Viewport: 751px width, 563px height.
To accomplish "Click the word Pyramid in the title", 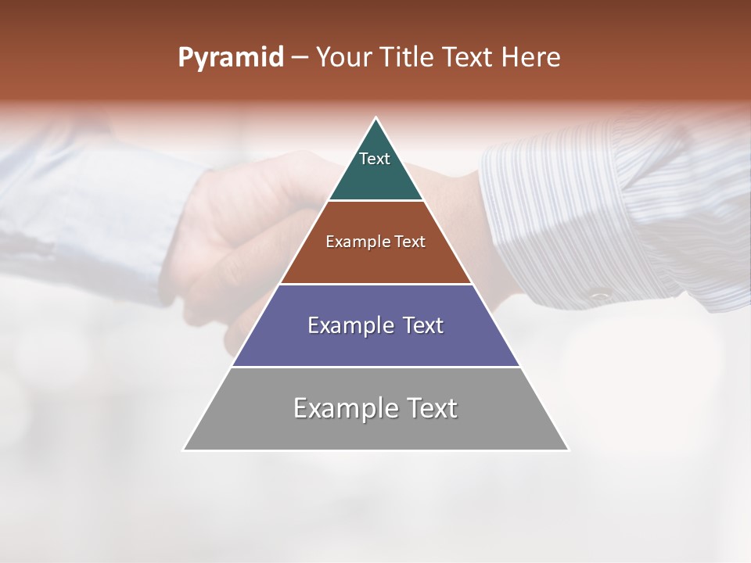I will (230, 58).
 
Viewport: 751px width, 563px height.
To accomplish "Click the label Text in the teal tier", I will (375, 159).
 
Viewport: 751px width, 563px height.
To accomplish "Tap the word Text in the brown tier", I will (410, 242).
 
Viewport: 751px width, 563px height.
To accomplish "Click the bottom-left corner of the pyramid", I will (184, 450).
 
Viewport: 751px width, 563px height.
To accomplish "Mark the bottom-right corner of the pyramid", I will (568, 450).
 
